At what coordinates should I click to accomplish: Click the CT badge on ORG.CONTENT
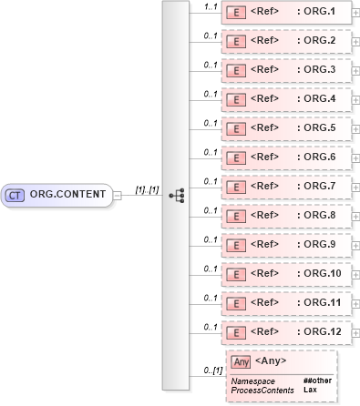pos(15,194)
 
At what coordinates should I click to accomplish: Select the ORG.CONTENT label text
pos(67,194)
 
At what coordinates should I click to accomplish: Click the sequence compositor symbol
pos(177,195)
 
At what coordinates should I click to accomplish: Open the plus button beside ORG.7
pos(355,187)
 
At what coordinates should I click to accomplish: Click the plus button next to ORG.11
pos(355,303)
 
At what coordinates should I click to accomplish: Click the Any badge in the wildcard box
pos(241,362)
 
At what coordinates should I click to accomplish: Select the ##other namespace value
pos(316,381)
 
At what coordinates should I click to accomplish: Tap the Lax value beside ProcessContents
pos(310,390)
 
